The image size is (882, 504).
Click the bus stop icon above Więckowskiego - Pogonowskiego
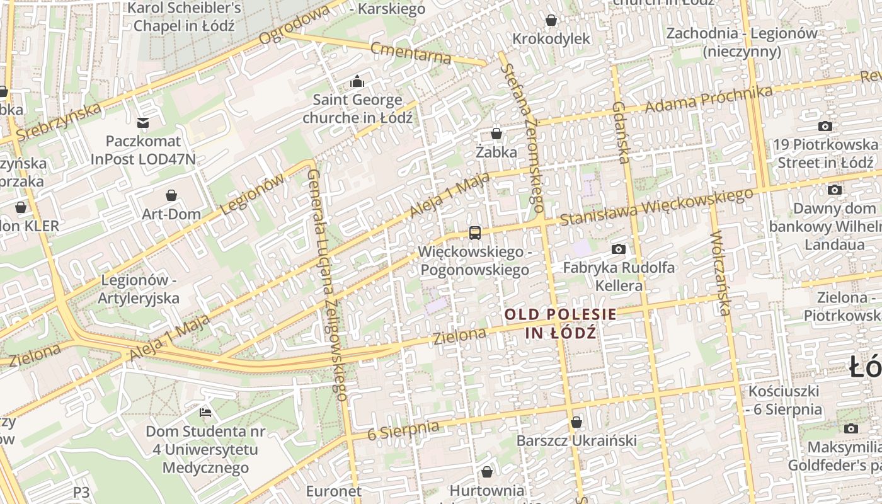[x=474, y=233]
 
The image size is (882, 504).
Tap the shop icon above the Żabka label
[x=496, y=134]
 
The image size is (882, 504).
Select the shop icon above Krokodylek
[x=551, y=20]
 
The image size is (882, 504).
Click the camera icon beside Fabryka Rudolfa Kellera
[x=619, y=249]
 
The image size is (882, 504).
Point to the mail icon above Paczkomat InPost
[x=143, y=122]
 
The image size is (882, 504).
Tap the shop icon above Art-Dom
[x=171, y=195]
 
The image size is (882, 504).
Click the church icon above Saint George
[x=357, y=81]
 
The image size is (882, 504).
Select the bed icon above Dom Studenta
[x=205, y=413]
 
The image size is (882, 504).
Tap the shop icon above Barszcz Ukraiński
[x=576, y=422]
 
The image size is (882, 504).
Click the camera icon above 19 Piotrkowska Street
[x=825, y=127]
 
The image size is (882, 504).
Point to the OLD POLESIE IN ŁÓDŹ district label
[x=560, y=323]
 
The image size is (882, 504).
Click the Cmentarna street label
[x=411, y=53]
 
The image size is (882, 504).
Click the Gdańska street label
[x=620, y=132]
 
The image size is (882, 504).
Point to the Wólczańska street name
[x=720, y=273]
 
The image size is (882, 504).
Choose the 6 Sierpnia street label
[x=403, y=430]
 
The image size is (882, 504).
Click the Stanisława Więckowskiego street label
[x=656, y=206]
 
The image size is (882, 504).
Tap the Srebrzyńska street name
[x=59, y=122]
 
